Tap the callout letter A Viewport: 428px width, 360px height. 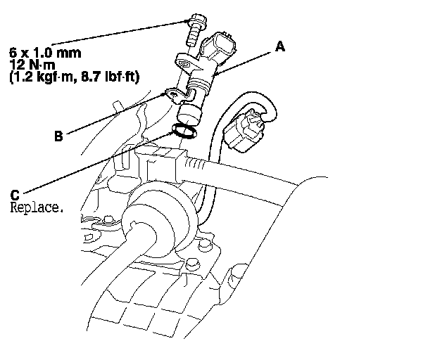point(279,47)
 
